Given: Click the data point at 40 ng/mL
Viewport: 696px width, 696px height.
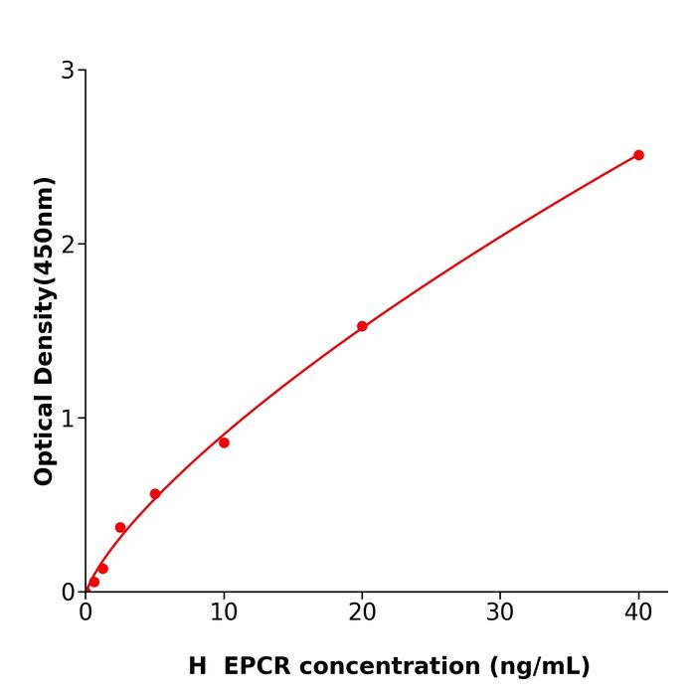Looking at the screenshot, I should (638, 155).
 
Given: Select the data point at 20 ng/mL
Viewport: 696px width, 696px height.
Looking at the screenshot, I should (362, 326).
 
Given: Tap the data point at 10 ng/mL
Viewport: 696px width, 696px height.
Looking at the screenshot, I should (224, 442).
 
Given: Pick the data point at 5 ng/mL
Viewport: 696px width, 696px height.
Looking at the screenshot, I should (155, 494).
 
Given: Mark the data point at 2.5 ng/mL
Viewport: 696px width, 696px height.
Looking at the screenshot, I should (120, 528).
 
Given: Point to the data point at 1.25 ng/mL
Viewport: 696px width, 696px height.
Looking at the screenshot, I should (102, 569).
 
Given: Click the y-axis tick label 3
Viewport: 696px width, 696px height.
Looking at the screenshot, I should (68, 71).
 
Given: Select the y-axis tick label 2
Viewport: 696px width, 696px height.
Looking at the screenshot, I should (68, 245).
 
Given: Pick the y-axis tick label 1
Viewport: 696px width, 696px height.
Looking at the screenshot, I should (68, 419).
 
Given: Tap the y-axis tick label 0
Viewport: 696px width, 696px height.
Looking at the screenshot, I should (68, 593).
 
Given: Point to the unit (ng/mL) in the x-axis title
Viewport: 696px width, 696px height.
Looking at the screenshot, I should (539, 666).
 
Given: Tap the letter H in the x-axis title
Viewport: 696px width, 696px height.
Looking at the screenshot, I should (197, 666).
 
